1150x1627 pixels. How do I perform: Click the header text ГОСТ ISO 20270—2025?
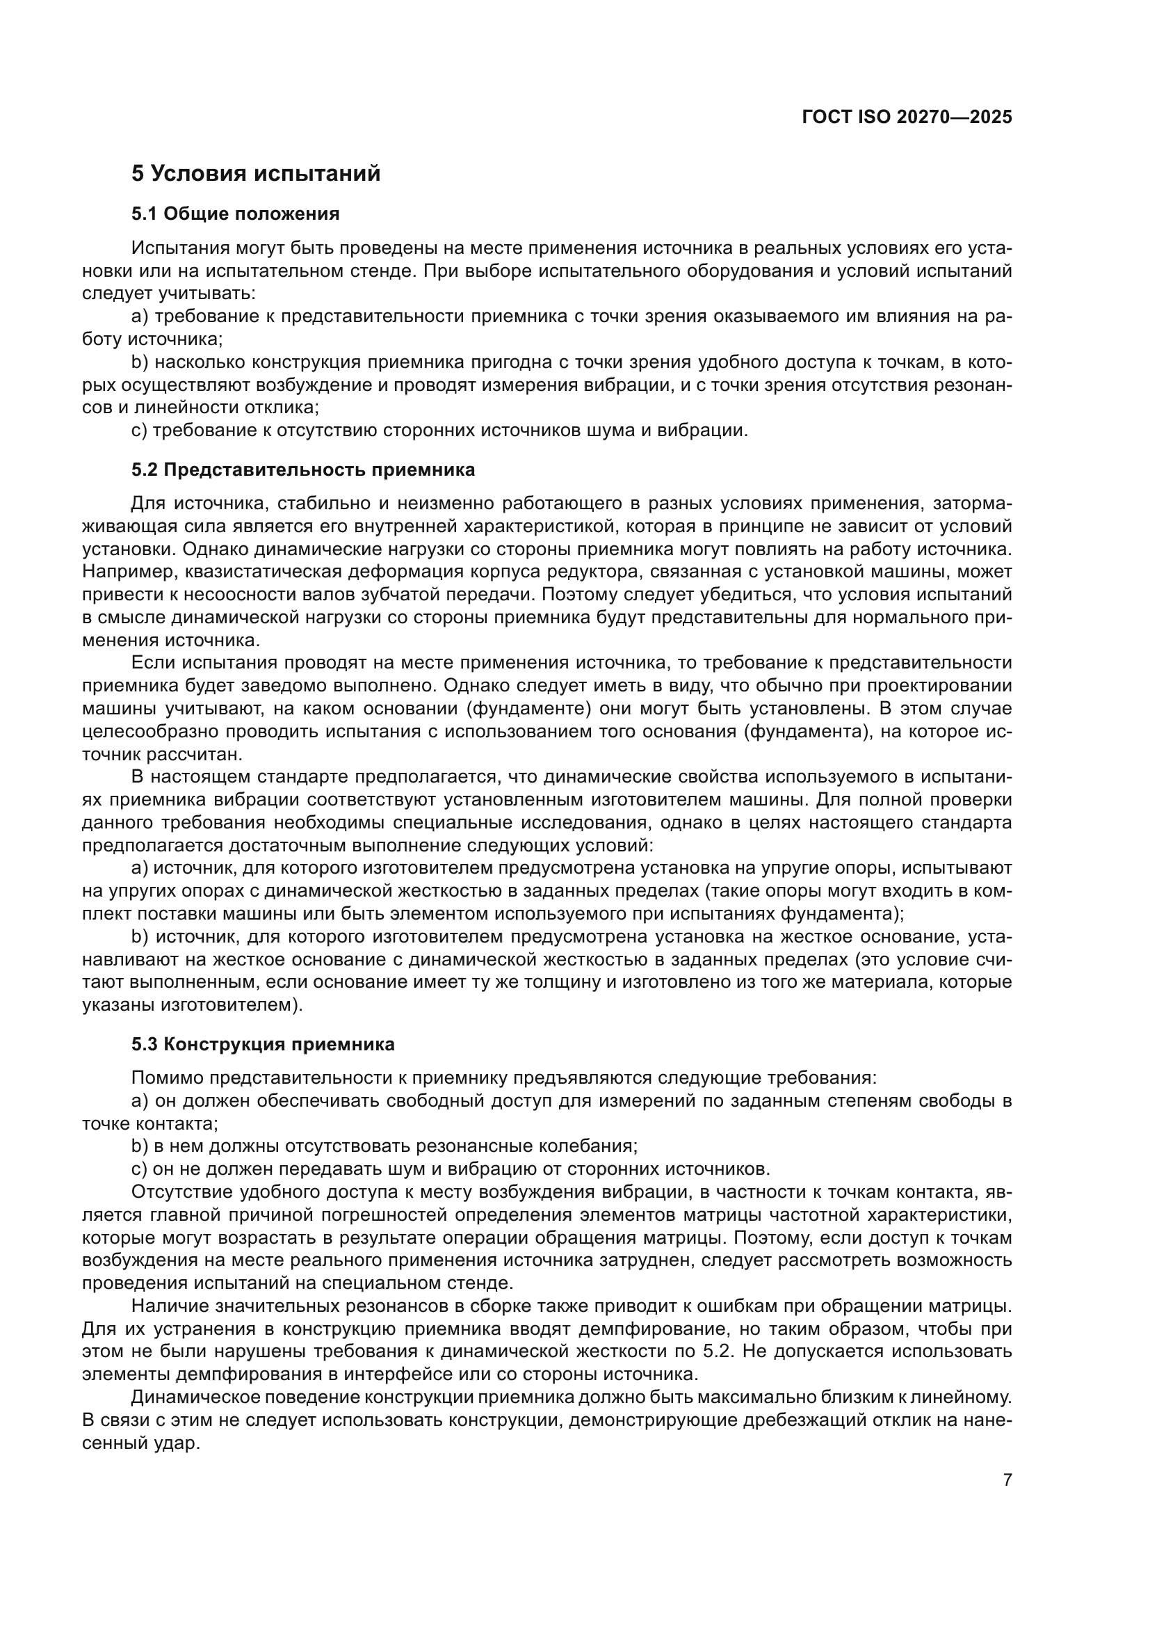(x=907, y=118)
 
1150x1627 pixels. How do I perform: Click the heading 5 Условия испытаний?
(x=256, y=174)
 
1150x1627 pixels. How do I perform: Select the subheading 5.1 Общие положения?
(x=235, y=214)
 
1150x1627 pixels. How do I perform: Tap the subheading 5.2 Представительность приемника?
(x=303, y=470)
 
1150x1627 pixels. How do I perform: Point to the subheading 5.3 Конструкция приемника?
(x=263, y=1044)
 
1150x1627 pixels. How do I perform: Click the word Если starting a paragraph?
(x=152, y=664)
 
